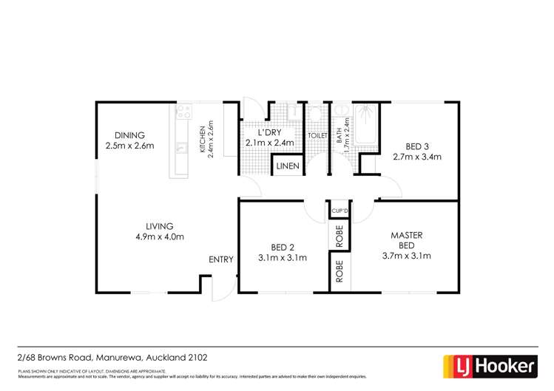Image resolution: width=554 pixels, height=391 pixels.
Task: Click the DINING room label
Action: [129, 135]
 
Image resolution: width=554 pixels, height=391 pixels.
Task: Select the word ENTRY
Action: [220, 259]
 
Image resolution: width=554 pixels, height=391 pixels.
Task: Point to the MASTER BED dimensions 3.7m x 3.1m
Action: [406, 256]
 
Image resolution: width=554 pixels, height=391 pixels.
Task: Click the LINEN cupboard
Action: [288, 166]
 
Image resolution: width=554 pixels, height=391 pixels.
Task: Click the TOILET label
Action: [317, 136]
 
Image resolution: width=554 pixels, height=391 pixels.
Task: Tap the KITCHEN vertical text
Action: [201, 139]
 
